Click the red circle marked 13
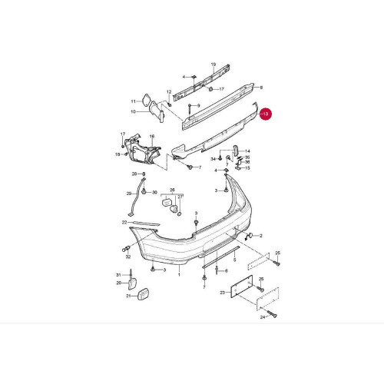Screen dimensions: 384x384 coord(266,114)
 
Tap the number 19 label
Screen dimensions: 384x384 coord(214,65)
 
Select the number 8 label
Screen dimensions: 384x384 coord(261,88)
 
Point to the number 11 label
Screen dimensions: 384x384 coord(133,101)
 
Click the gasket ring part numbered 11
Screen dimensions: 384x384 coord(146,99)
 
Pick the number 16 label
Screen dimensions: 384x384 coord(152,137)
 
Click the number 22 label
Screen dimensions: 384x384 coord(124,223)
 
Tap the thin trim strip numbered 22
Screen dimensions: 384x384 coord(144,223)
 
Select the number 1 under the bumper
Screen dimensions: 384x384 coord(179,275)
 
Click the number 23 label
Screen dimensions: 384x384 coord(222,293)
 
